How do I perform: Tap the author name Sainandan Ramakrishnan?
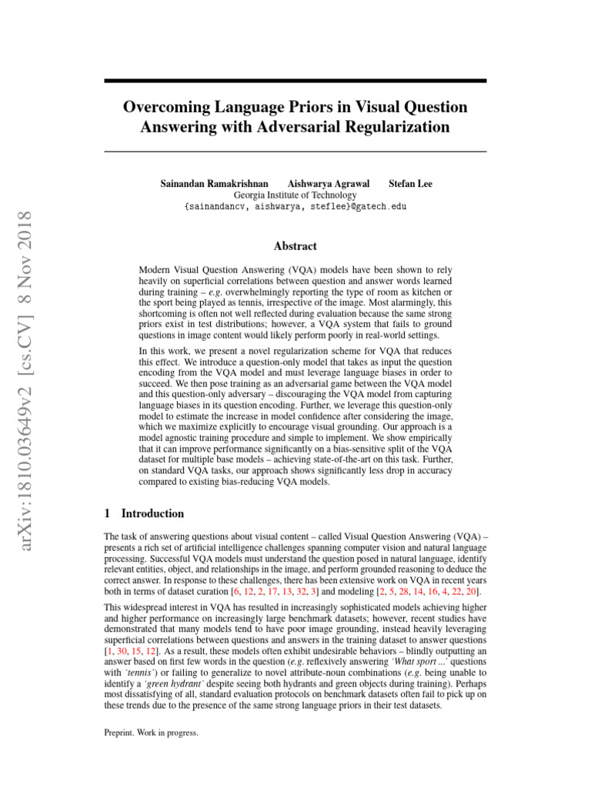click(x=215, y=184)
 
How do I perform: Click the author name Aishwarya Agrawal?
click(x=329, y=184)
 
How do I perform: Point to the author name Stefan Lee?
click(x=410, y=184)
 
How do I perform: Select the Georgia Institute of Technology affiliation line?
click(x=295, y=195)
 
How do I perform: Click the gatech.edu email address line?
click(x=295, y=206)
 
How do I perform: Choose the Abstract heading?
click(x=295, y=246)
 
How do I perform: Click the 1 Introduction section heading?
click(x=144, y=513)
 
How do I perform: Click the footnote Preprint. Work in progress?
click(x=151, y=733)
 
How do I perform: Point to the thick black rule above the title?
click(x=295, y=80)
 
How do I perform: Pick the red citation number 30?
click(x=122, y=651)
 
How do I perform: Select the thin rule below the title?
click(x=295, y=152)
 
